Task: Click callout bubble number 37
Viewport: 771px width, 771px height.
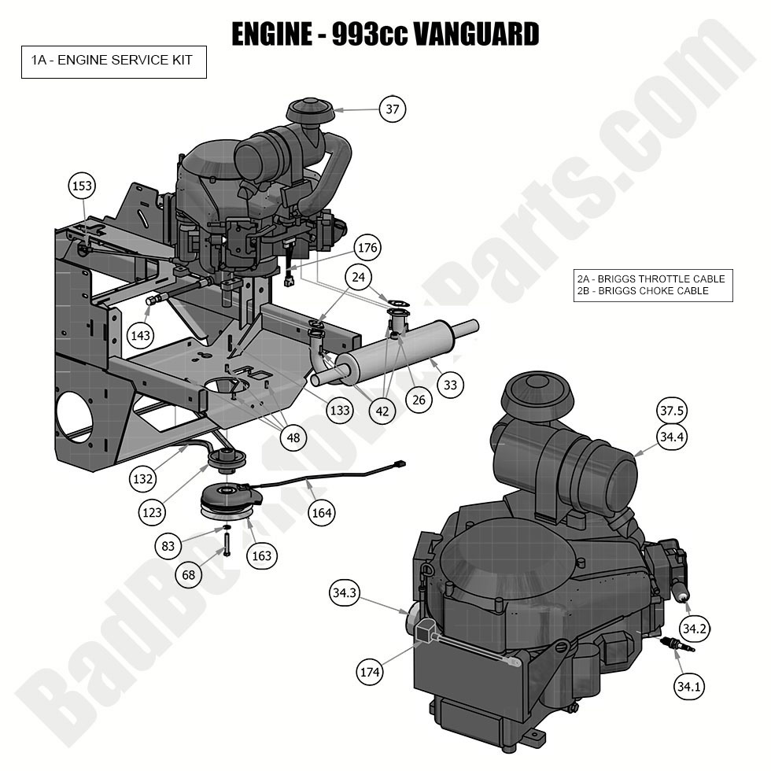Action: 392,109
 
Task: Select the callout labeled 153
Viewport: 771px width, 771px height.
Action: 82,186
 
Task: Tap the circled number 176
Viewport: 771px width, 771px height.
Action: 367,248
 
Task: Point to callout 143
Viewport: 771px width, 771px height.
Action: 141,336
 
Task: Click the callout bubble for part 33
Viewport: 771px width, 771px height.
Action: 450,385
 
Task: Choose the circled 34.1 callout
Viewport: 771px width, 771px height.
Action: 688,687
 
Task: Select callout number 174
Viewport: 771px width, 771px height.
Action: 369,672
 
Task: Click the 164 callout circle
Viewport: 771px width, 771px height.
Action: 322,513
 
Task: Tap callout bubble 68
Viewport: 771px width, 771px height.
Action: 189,575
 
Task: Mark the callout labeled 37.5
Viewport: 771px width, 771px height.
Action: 671,411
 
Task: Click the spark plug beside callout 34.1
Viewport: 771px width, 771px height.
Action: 677,646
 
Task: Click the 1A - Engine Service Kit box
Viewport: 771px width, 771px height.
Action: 113,61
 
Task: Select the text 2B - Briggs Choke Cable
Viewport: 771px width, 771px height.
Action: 644,291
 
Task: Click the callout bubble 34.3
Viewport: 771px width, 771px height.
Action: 345,594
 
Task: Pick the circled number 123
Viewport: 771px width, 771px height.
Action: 153,513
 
